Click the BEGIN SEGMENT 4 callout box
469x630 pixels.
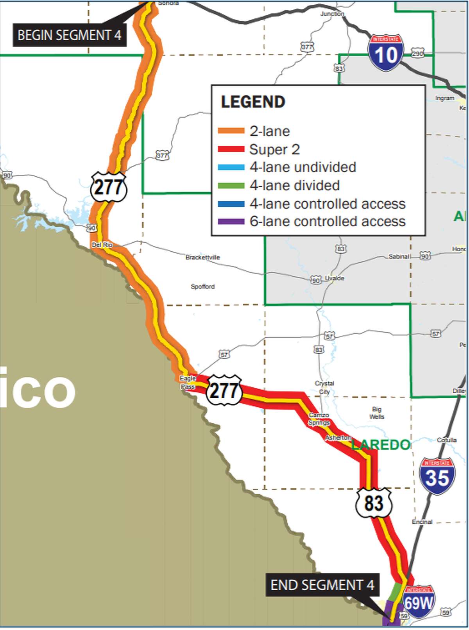point(70,35)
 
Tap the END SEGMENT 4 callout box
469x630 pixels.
point(322,585)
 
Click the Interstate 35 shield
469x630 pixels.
point(437,476)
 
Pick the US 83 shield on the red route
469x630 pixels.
point(373,503)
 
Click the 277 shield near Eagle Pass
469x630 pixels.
point(224,390)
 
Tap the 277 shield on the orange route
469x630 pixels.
point(108,187)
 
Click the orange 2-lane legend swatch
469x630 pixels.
point(231,131)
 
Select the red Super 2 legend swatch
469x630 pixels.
point(231,149)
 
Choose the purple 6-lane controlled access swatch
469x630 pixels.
point(231,222)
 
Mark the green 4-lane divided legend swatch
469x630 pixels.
point(231,185)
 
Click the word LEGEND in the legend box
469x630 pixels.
point(253,102)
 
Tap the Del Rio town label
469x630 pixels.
point(102,245)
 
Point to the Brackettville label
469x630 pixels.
point(202,257)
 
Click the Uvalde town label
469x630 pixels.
point(335,278)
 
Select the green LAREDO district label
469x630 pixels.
point(381,444)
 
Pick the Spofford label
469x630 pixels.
point(202,286)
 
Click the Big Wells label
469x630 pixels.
point(376,413)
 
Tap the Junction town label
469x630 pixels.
point(332,14)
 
